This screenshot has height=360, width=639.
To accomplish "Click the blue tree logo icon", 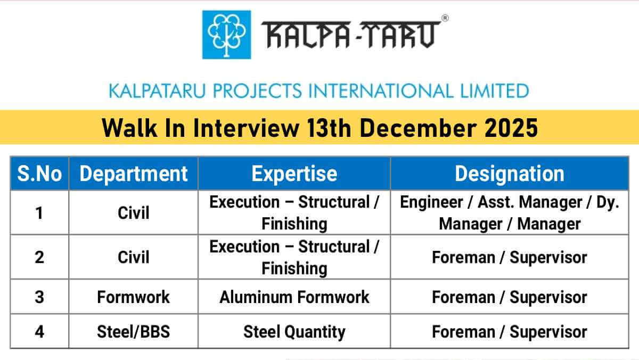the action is pos(226,35).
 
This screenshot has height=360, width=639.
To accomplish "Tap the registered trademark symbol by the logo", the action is pos(445,18).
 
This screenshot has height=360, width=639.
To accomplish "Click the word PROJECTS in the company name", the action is pos(257,91).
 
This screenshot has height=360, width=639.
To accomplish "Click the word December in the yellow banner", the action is pos(418,128).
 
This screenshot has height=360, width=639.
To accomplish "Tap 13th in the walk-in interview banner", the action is pos(329,128).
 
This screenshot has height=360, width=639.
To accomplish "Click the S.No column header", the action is pos(39,174).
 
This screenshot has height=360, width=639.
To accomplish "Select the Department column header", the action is pos(133,174).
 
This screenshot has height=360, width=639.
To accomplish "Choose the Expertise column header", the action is pos(294,174).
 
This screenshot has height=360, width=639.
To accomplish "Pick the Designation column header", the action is pos(510,174).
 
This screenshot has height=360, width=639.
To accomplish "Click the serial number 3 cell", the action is pos(39,297).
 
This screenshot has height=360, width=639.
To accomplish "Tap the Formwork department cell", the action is pos(133,297).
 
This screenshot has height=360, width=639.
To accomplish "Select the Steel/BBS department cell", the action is pos(133,331).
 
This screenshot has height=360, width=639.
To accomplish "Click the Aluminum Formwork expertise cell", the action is pos(294,297).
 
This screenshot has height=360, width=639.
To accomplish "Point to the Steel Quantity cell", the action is pos(294,331).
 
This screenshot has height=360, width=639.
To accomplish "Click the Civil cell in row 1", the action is pos(133,213).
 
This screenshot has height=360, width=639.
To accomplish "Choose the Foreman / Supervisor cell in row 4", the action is pos(510,331).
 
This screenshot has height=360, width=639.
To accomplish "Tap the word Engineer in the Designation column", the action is pos(431,202).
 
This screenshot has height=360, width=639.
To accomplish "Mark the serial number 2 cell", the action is pos(39,257).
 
